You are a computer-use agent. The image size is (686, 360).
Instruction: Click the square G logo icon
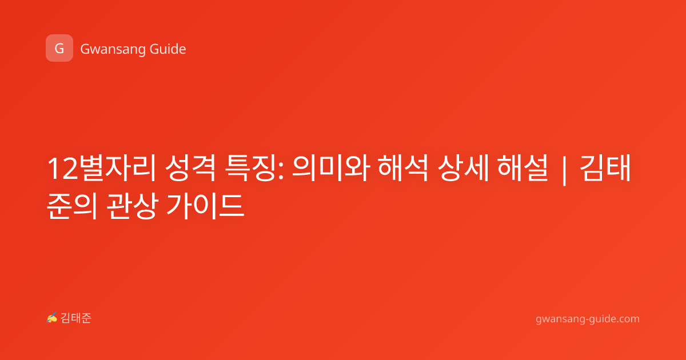59,48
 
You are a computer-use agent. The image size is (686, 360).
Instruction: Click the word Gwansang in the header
113,49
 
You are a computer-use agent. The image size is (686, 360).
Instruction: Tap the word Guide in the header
168,49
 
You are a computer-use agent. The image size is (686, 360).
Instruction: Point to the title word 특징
250,169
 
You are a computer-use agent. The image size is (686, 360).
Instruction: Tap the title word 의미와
331,169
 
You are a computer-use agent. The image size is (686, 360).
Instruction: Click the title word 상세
463,169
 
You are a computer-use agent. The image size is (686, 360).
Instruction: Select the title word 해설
523,169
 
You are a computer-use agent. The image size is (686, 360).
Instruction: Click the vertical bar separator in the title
564,170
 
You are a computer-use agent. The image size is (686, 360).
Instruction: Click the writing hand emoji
52,318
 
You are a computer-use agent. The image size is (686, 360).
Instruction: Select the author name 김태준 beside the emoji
76,318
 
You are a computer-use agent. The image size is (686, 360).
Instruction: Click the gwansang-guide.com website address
588,319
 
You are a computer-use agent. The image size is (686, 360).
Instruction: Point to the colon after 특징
281,172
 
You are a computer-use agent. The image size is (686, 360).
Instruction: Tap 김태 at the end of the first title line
605,169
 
